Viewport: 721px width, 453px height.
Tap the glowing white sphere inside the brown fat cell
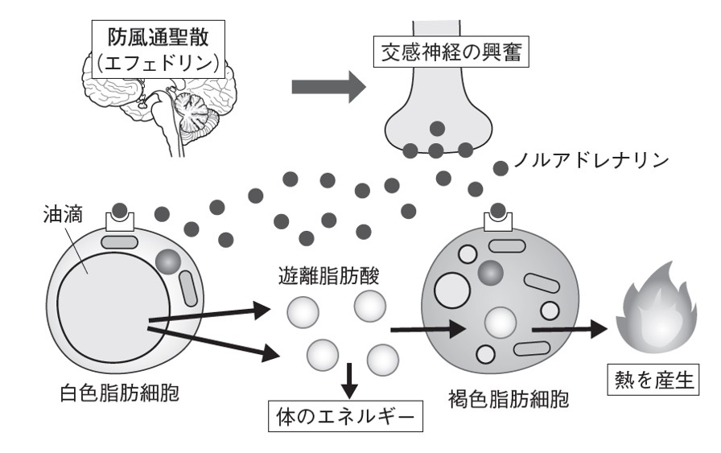pos(499,323)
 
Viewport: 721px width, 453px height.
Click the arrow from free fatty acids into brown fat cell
pos(426,328)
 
